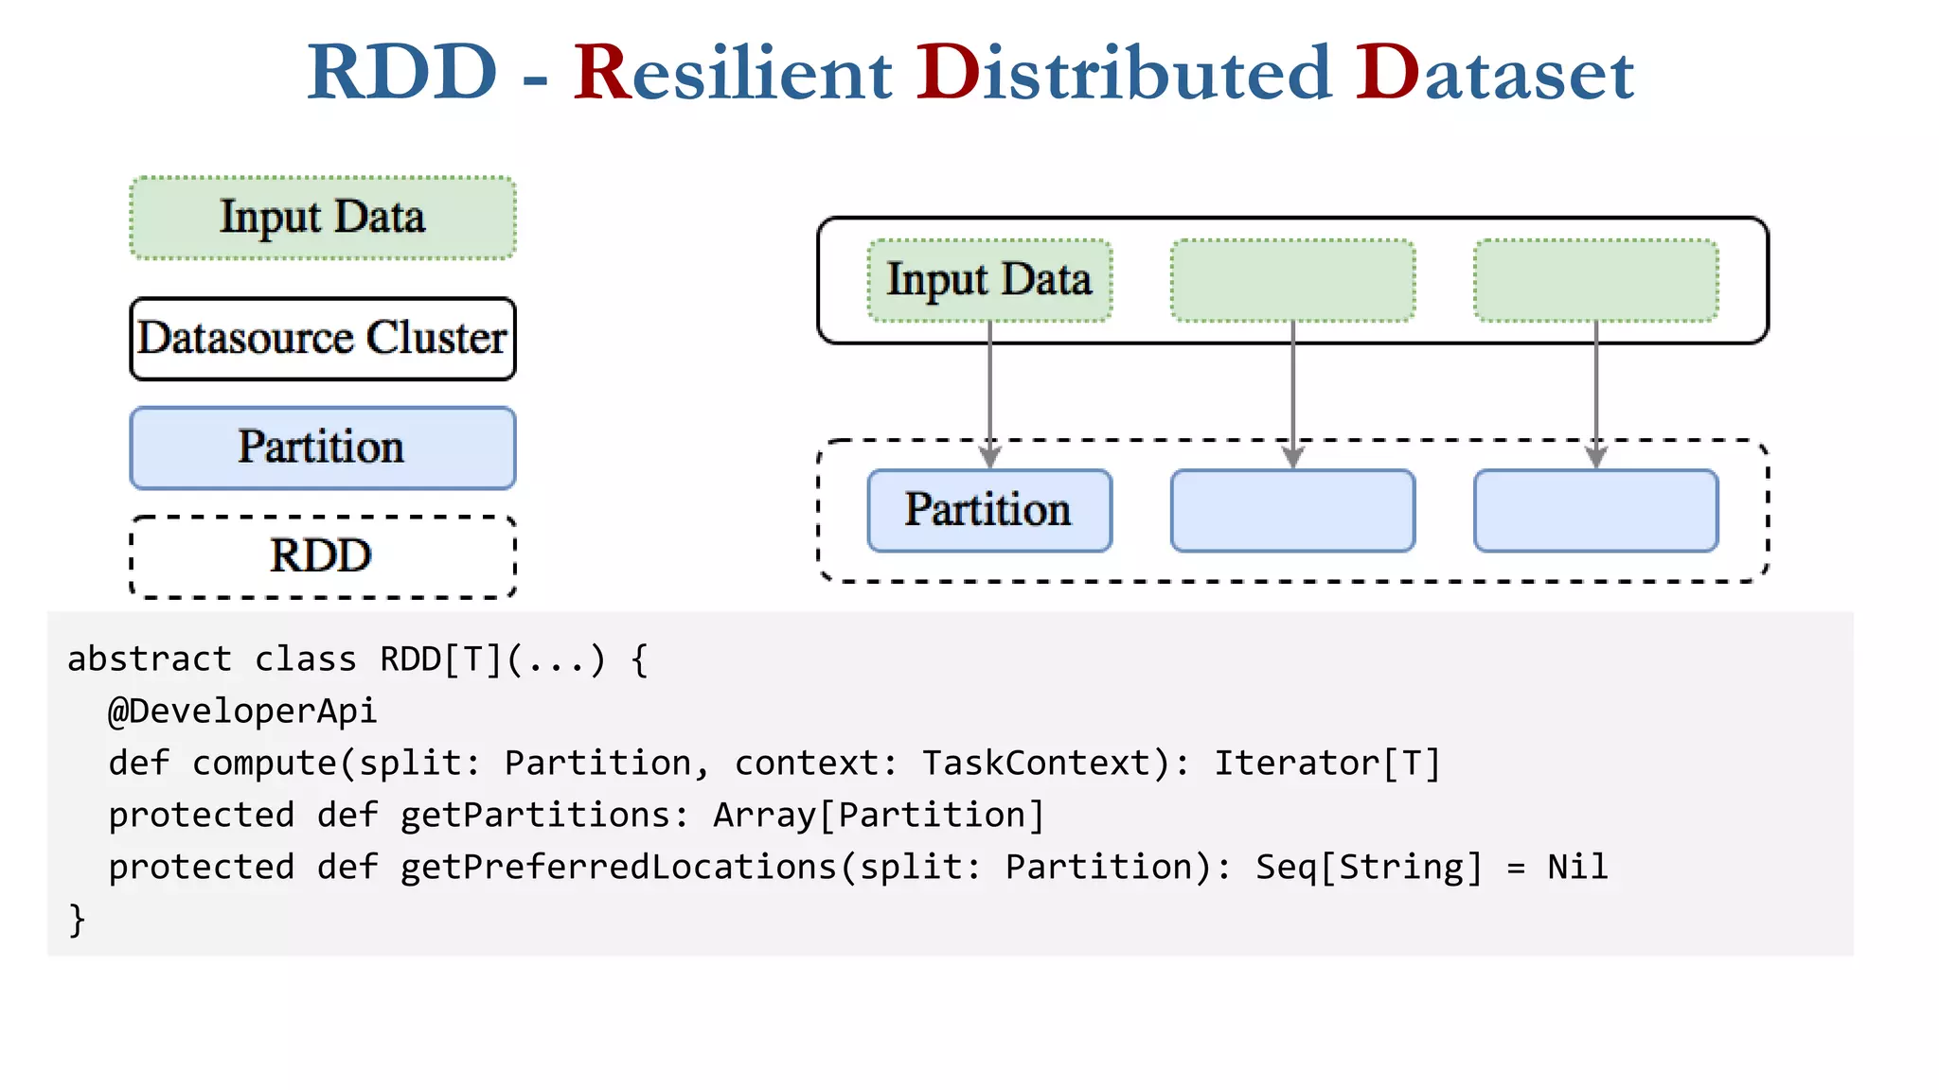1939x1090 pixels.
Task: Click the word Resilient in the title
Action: (733, 73)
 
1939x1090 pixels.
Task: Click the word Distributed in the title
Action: (1124, 73)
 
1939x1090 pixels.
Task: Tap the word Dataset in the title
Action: (1494, 73)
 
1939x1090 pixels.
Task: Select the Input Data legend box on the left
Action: (323, 218)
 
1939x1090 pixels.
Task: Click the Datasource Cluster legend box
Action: (323, 339)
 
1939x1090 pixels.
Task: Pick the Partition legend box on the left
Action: (323, 448)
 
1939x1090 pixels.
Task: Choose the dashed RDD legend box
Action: (323, 556)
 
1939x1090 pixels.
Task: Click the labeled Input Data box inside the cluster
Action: (989, 280)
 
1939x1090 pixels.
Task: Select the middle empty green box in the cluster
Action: (1292, 280)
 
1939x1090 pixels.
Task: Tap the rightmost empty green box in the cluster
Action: (1595, 280)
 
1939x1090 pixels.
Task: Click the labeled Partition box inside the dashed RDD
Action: (989, 510)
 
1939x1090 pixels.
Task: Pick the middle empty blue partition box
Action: (1292, 510)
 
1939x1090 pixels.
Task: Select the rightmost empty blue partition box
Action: (1595, 510)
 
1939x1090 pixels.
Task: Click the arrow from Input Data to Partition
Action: (990, 393)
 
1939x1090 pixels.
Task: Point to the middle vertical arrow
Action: (1293, 393)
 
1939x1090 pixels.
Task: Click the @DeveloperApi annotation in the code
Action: (242, 711)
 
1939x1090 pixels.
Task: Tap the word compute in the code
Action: (264, 763)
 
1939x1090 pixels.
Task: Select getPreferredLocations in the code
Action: (618, 867)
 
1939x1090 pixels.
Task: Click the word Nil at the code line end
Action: (1577, 867)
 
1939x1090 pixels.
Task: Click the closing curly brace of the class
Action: (77, 920)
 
